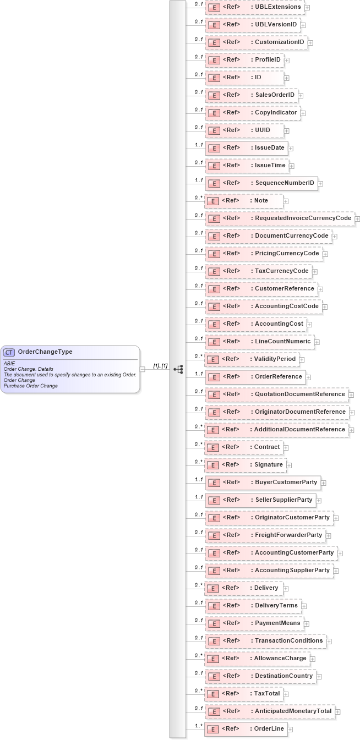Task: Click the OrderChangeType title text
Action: coord(45,352)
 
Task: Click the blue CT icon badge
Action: coord(9,352)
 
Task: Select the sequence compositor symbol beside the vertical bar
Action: coord(178,369)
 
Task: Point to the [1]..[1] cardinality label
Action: coord(160,366)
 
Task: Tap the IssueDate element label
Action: coord(269,148)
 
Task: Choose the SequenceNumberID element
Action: coord(261,183)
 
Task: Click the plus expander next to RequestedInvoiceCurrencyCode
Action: coord(357,219)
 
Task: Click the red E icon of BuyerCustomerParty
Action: coord(214,483)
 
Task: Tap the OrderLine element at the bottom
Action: coord(246,729)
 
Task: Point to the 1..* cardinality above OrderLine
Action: coord(199,726)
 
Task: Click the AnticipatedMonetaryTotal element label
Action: coord(293,711)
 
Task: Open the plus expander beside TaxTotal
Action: coord(286,694)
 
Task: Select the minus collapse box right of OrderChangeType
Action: coord(143,369)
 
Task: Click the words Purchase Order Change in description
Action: coord(31,386)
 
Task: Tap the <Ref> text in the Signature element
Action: coord(231,465)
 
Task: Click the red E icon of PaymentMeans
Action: coord(214,624)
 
